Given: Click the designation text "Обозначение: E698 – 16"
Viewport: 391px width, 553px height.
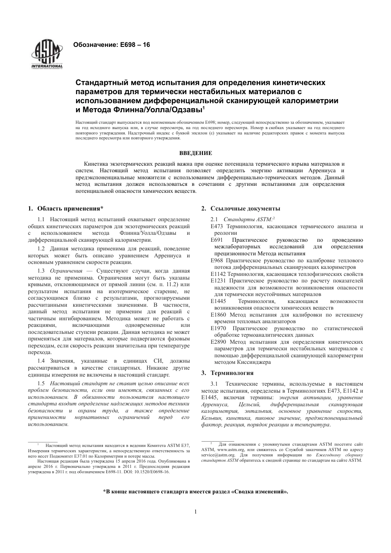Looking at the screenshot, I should tap(111, 45).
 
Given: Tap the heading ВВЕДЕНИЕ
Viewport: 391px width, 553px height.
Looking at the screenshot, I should tap(195, 153).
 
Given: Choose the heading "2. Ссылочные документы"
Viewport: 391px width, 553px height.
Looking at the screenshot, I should tap(240, 208).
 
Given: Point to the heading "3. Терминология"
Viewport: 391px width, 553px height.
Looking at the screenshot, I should tap(227, 373).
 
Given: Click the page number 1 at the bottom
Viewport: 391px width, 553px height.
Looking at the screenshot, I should tap(195, 511).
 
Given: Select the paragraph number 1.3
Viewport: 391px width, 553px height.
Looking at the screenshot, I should tap(41, 271).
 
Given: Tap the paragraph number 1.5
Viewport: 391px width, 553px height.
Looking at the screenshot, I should tap(41, 383).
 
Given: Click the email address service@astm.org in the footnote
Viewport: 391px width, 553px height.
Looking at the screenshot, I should tap(218, 455).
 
